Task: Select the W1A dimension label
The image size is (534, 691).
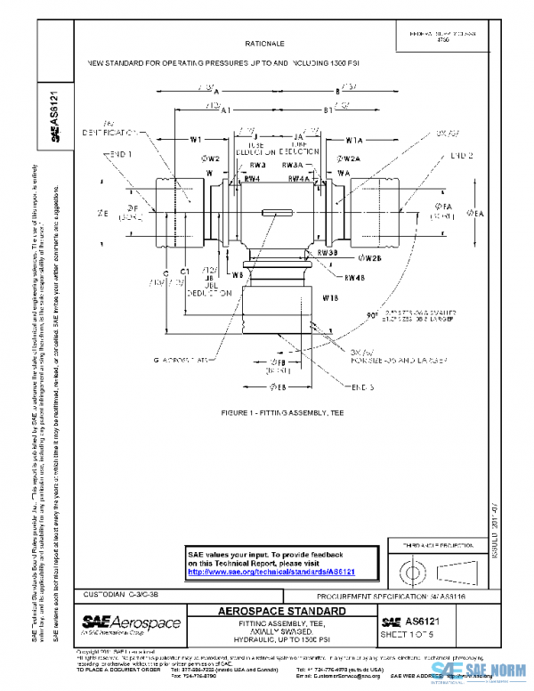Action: click(x=354, y=140)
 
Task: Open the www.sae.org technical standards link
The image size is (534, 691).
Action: click(x=271, y=572)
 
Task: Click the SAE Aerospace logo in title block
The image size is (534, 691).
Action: click(x=131, y=622)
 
